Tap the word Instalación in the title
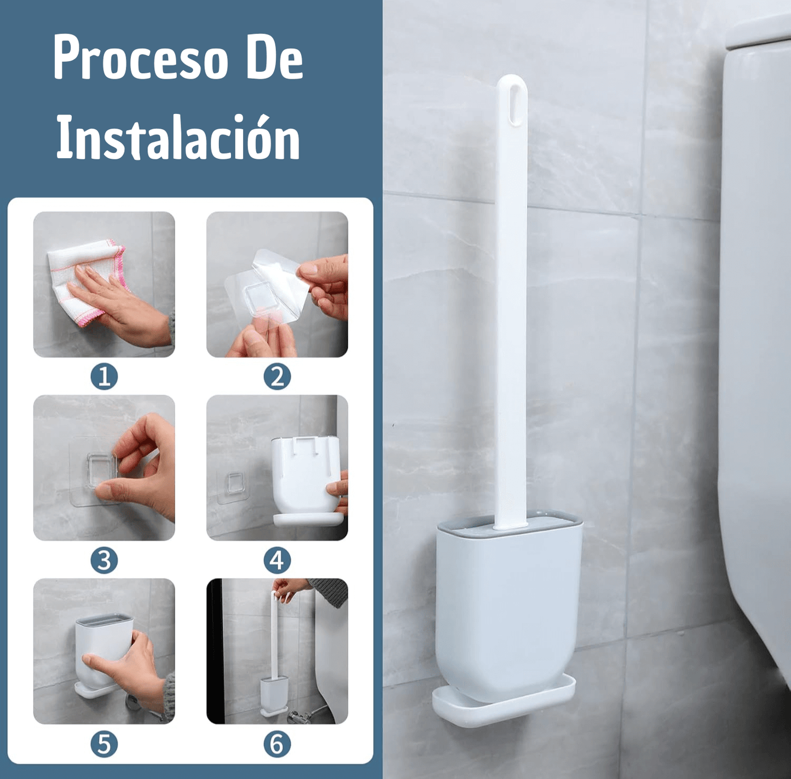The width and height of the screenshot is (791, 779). point(178,136)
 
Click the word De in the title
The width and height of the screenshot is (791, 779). point(275,57)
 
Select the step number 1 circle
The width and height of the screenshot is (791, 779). point(104,377)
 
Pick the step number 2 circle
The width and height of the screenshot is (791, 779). point(277,377)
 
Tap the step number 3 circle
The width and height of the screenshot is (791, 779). point(104,561)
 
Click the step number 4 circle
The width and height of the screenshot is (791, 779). point(277,561)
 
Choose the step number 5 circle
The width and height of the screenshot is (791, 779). point(104,744)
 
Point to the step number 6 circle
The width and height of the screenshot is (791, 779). point(277,744)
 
